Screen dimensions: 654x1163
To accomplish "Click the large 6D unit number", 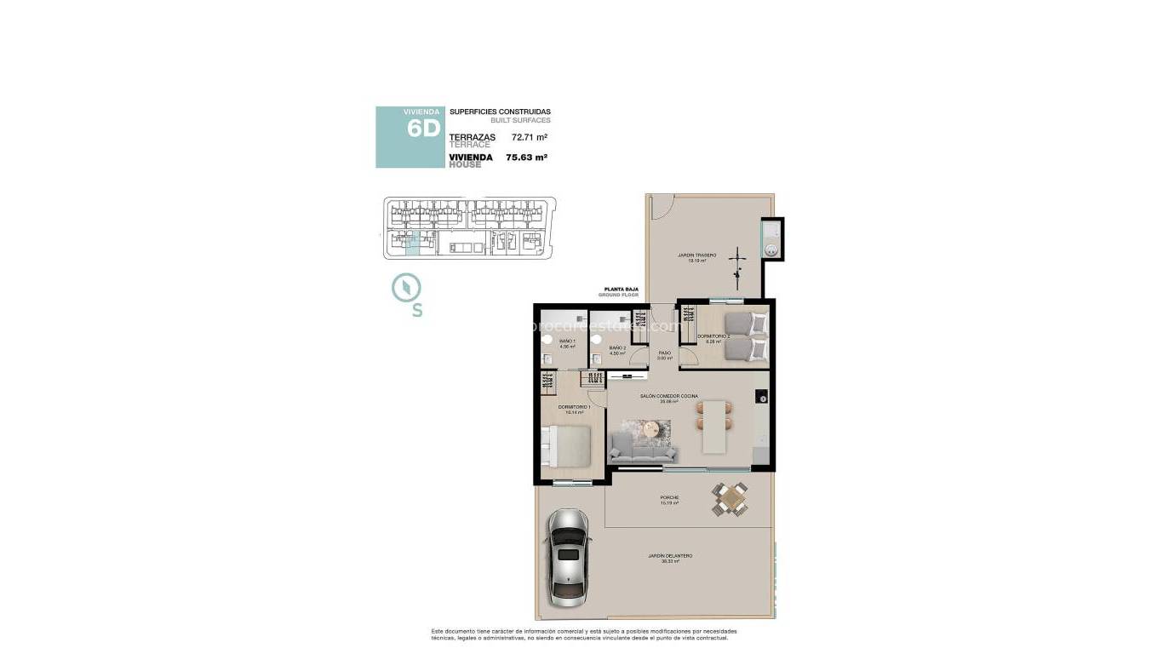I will [x=423, y=129].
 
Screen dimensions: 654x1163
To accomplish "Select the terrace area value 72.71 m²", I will [x=529, y=137].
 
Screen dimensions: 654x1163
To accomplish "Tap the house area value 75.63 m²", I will [x=526, y=157].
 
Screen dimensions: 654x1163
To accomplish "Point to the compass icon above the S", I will [x=404, y=287].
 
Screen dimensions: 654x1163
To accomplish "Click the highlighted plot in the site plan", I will [x=413, y=245].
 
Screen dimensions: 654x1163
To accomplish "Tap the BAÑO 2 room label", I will [x=617, y=348].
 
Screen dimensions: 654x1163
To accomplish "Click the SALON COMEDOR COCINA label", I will [x=669, y=396].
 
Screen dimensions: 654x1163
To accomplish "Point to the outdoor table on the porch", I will [x=730, y=499].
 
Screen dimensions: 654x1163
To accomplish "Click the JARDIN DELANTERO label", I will [x=670, y=555].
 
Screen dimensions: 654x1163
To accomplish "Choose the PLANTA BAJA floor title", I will [x=621, y=290].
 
